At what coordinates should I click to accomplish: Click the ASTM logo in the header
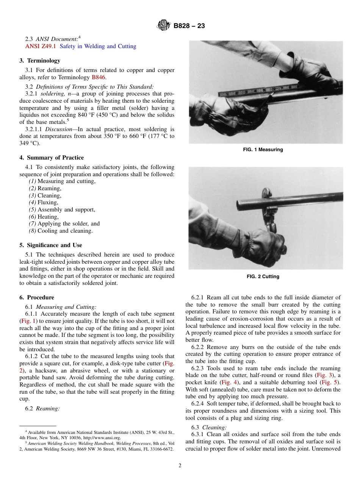click(164, 26)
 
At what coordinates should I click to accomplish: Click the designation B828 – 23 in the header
click(189, 26)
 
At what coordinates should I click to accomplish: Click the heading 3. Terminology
click(40, 61)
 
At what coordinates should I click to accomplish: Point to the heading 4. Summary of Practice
click(52, 158)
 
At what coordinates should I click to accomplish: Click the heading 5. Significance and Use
click(51, 245)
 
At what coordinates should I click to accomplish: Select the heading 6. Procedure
click(37, 297)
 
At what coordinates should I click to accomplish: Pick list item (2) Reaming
click(45, 188)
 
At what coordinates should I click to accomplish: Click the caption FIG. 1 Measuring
click(263, 150)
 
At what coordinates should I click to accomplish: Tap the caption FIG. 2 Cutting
click(263, 277)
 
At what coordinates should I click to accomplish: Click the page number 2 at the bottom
click(180, 466)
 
